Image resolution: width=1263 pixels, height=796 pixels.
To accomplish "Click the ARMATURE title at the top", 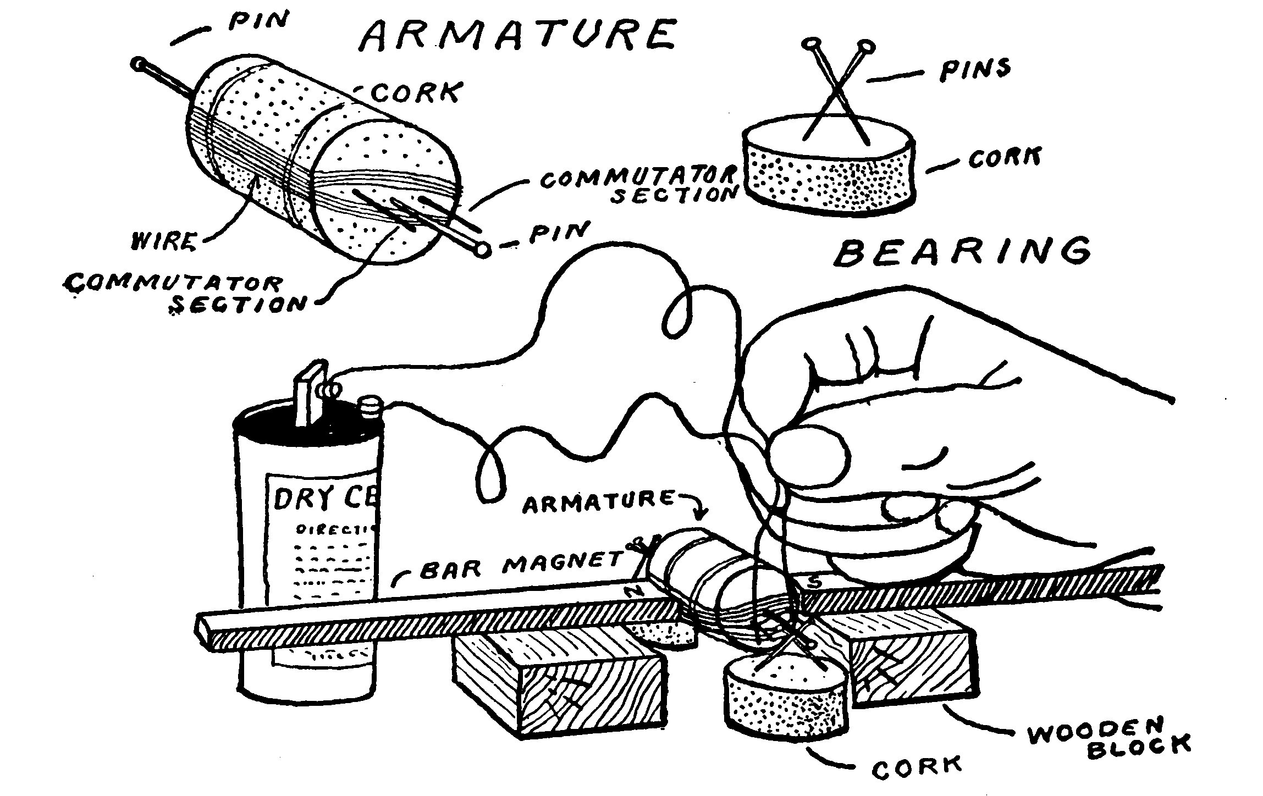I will (x=517, y=35).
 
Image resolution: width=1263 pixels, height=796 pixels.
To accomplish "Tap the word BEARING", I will (x=962, y=252).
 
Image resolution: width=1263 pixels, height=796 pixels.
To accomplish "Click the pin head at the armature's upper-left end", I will (x=137, y=64).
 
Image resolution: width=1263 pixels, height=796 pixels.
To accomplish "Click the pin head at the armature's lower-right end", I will (x=483, y=250).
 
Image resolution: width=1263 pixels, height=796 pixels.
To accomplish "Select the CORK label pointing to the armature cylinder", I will (x=416, y=92).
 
